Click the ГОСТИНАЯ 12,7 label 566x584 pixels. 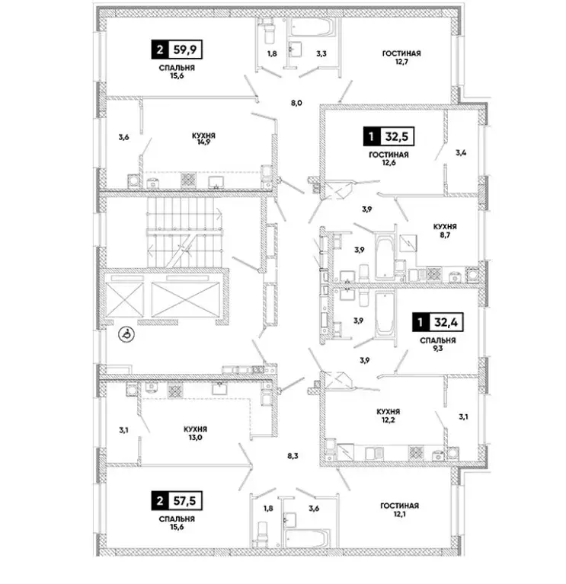(402, 58)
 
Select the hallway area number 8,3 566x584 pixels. (293, 457)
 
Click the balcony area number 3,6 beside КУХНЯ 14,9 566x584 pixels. (123, 137)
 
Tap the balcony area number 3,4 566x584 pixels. (461, 152)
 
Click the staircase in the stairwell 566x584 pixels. (183, 228)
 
